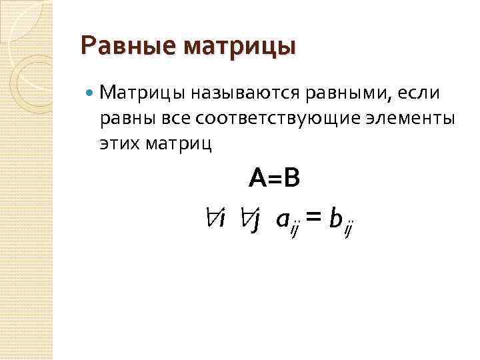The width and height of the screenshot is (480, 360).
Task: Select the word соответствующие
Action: pos(275,119)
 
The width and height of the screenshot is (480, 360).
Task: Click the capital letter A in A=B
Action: pos(257,178)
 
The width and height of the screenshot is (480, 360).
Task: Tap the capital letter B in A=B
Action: pos(291,178)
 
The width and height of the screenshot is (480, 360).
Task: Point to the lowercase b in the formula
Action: pos(335,217)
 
